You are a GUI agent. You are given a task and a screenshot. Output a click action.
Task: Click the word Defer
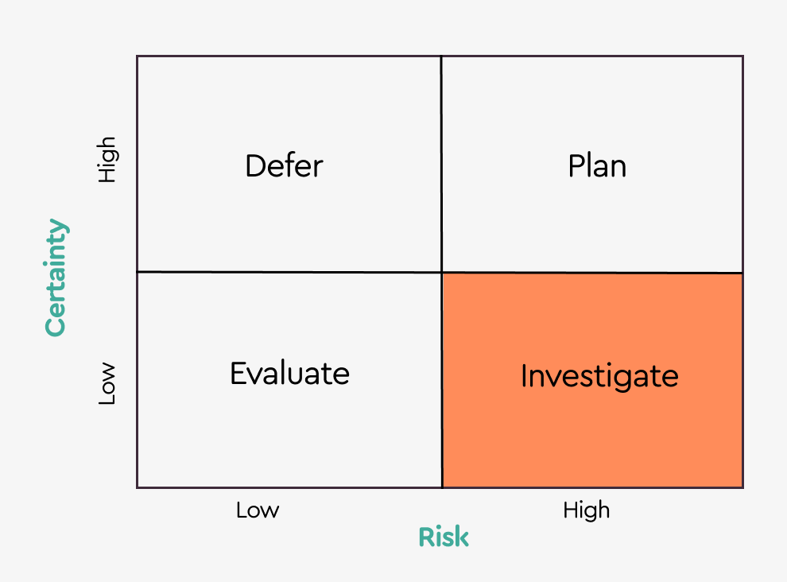284,166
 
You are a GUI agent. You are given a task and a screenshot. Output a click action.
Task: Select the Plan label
597,166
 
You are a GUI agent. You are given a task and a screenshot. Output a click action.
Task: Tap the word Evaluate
289,373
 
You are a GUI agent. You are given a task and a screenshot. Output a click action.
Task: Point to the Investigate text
599,375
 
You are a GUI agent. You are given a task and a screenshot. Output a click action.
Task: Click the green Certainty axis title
56,277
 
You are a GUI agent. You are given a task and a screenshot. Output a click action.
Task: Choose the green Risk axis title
444,537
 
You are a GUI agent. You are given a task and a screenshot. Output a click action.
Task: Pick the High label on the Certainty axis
107,159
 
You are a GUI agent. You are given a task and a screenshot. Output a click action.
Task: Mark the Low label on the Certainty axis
107,384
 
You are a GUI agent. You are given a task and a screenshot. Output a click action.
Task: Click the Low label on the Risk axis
258,510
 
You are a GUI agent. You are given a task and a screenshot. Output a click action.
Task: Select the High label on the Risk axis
587,510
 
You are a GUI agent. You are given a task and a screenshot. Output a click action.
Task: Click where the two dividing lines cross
441,272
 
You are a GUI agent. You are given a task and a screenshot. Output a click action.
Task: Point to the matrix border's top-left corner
138,56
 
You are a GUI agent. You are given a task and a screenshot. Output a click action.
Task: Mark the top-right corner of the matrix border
742,56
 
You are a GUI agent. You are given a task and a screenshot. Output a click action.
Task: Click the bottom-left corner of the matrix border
138,487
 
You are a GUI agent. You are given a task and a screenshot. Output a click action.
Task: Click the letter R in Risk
426,537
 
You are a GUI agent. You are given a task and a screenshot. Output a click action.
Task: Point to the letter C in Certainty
56,324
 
